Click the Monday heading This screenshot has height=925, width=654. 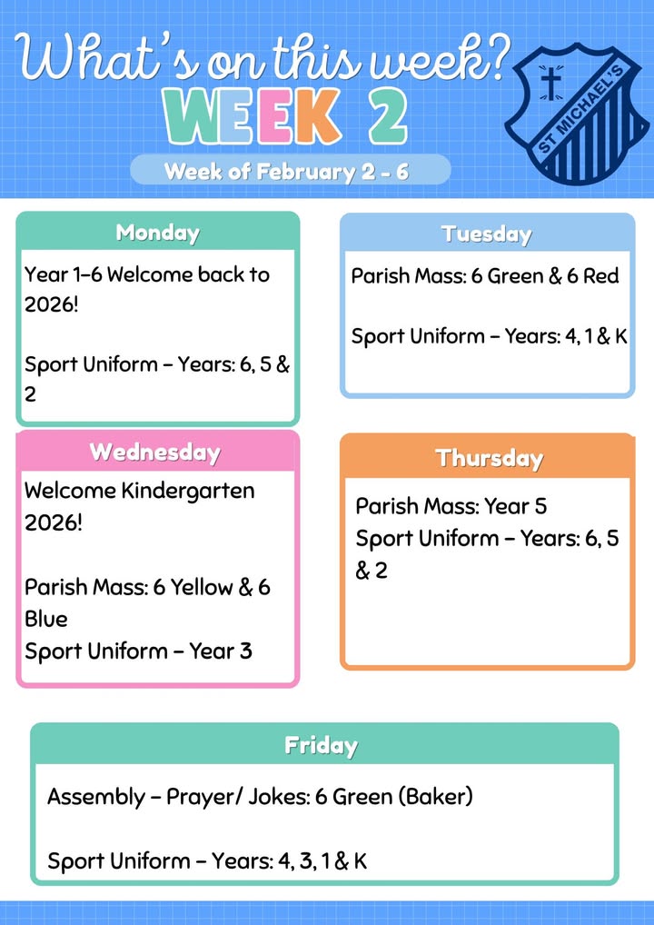157,233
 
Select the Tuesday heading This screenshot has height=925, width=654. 487,234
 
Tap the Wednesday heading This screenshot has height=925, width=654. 155,453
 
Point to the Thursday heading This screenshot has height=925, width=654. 489,458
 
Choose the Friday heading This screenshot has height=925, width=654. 322,746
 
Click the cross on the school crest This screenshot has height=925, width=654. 550,84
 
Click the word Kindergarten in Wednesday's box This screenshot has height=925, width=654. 188,492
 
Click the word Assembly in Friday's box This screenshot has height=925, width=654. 96,798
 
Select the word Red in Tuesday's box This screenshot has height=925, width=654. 601,276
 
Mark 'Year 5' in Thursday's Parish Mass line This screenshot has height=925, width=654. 515,506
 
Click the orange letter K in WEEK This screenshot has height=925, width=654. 316,116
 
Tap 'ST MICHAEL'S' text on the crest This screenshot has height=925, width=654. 587,110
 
